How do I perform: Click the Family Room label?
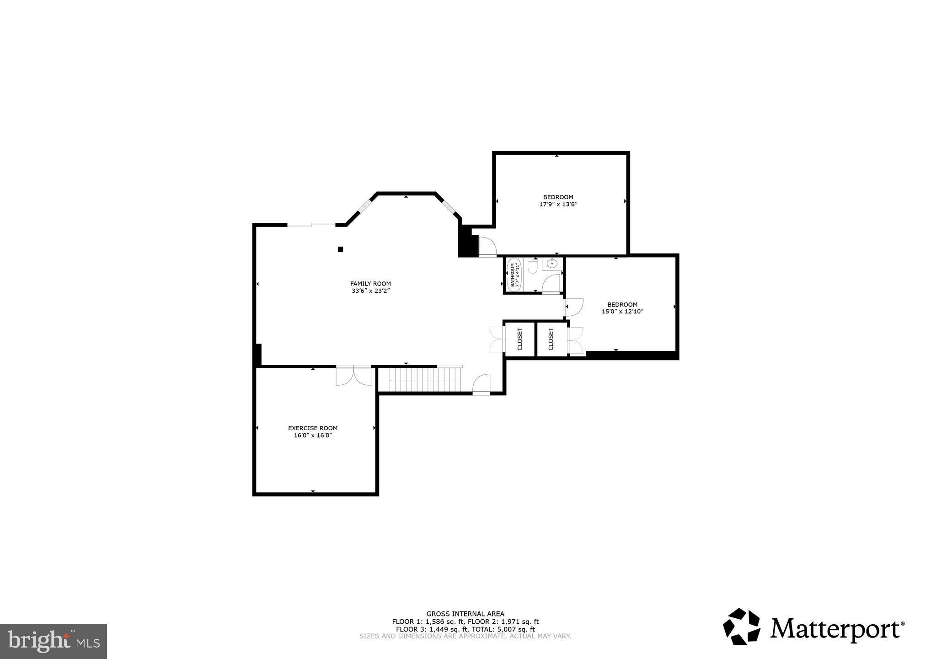[370, 284]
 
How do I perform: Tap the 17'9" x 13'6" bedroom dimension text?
[558, 205]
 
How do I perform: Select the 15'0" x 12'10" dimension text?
[622, 312]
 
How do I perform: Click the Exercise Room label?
[313, 428]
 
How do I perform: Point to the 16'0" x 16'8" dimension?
[313, 436]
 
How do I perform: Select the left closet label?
[519, 339]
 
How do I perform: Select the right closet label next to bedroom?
[551, 339]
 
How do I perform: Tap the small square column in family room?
[340, 249]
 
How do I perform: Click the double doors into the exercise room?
[353, 376]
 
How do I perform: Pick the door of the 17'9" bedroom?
[487, 246]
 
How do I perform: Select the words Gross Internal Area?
[465, 614]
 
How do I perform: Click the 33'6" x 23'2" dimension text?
[370, 291]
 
